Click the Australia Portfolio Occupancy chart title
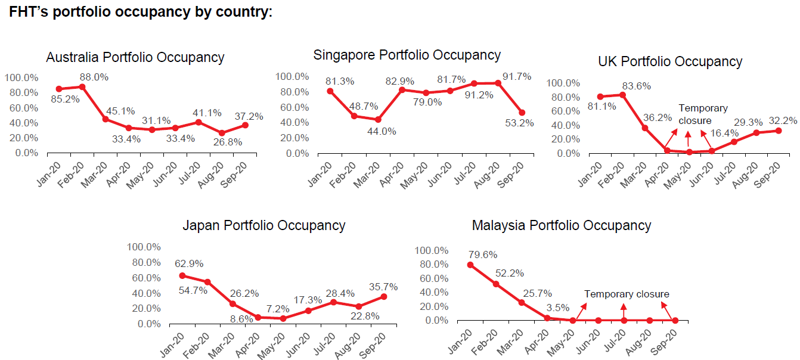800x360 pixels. click(135, 57)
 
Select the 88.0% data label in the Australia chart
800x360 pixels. click(94, 77)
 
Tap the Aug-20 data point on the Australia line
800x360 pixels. click(222, 133)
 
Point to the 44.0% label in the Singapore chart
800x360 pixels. click(382, 132)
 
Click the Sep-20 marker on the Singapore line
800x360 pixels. click(522, 113)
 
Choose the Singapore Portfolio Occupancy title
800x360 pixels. click(407, 55)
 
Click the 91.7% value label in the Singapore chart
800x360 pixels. click(517, 76)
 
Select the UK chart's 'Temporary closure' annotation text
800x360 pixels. click(703, 114)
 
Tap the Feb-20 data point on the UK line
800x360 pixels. click(622, 95)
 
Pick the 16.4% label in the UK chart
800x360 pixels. click(724, 134)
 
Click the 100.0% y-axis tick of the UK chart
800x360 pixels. click(563, 83)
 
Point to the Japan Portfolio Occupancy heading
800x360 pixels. click(264, 226)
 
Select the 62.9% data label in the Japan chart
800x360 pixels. click(189, 263)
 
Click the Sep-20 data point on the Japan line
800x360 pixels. click(384, 296)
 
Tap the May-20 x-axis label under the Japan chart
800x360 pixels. click(271, 345)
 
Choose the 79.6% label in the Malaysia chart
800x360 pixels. click(483, 255)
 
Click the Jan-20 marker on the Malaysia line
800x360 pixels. click(470, 265)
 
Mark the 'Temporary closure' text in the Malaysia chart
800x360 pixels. click(627, 294)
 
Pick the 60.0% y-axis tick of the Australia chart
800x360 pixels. click(24, 108)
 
